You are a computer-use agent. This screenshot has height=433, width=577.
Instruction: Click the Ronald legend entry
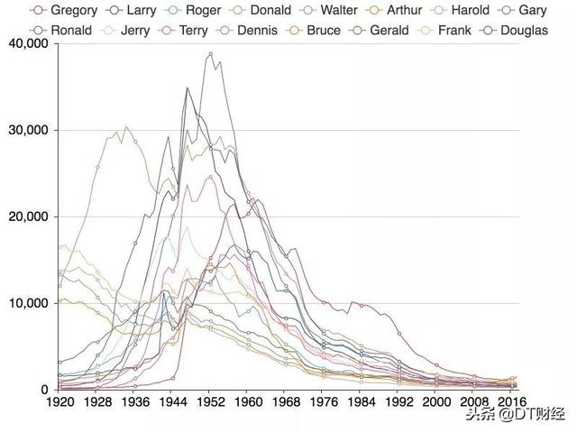69,30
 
